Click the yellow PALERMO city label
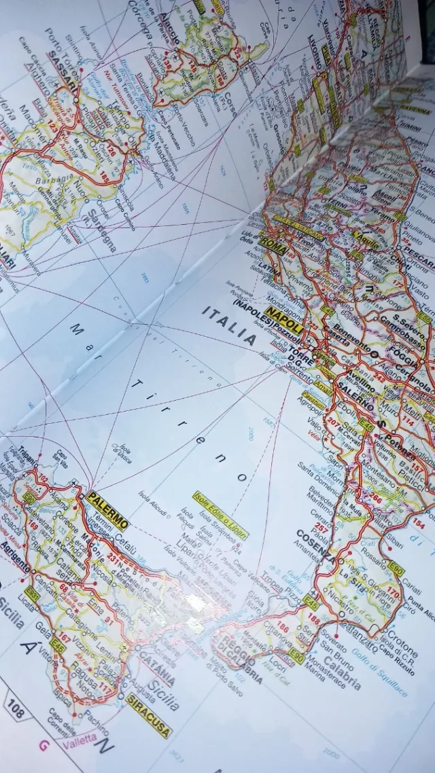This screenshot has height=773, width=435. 107,510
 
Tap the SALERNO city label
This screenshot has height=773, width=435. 355,403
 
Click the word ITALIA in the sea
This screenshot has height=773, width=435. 229,325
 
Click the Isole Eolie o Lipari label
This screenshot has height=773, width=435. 220,514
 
